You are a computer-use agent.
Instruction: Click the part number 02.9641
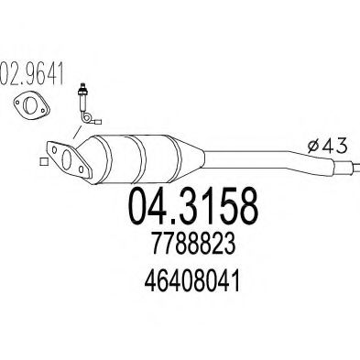click(32, 73)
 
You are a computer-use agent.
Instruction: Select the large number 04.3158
click(194, 206)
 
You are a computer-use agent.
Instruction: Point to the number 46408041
click(192, 281)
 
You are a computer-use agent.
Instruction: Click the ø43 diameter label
click(327, 146)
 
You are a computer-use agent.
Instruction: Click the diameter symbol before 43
click(312, 147)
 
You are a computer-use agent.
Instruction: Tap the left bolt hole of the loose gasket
click(18, 100)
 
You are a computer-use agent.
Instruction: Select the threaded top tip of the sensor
click(82, 86)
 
